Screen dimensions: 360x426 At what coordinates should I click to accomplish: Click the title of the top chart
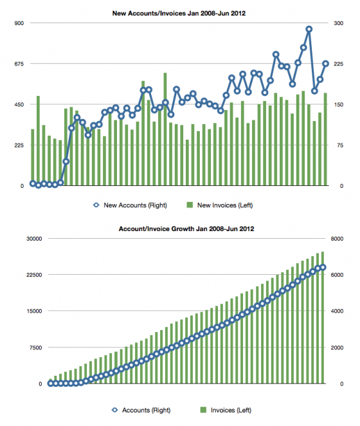tap(179, 14)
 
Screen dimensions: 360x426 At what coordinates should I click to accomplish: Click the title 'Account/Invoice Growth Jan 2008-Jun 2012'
tap(186, 228)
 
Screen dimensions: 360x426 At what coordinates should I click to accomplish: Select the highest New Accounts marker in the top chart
tap(309, 29)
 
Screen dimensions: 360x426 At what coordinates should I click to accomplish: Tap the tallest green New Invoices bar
tap(165, 129)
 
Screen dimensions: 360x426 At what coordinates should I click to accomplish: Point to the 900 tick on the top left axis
tap(19, 23)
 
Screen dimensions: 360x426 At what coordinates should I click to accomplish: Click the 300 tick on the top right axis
tap(339, 23)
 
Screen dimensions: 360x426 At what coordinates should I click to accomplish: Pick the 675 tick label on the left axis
tap(19, 64)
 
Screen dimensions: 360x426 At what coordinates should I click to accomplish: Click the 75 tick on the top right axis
tap(340, 145)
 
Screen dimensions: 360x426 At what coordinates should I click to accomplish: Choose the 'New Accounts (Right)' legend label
tap(135, 205)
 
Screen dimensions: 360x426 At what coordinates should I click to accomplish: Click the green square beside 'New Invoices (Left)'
tap(190, 205)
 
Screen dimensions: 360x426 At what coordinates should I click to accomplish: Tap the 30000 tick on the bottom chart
tap(34, 239)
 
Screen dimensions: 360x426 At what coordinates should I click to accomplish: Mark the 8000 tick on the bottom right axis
tap(337, 239)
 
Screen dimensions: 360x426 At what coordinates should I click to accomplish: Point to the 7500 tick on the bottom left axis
tap(35, 347)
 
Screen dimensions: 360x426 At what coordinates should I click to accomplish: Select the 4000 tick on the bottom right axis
tap(337, 311)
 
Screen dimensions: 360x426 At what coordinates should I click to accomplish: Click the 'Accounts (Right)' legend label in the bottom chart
tap(147, 410)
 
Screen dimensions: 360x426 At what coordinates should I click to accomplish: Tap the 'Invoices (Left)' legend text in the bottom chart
tap(231, 410)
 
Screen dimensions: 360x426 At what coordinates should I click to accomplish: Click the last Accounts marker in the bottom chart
tap(323, 268)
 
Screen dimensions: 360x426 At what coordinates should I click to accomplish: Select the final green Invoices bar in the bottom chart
tap(323, 318)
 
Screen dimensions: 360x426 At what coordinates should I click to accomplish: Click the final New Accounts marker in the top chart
tap(326, 64)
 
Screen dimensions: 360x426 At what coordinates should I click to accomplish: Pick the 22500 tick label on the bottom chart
tap(34, 275)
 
